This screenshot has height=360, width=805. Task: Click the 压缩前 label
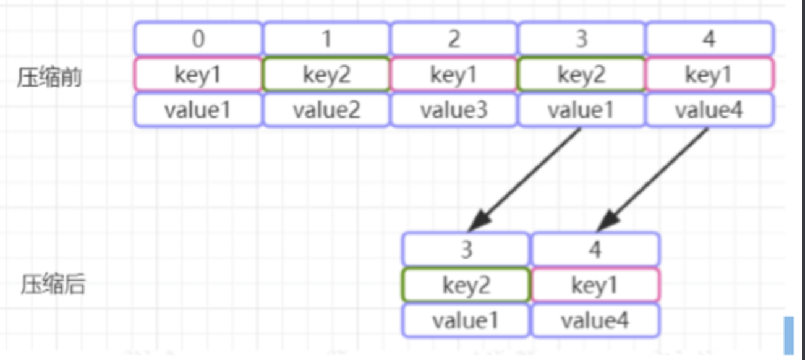49,79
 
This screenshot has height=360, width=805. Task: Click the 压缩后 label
53,286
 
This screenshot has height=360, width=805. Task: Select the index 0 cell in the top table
198,39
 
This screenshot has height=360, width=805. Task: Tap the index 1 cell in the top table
326,39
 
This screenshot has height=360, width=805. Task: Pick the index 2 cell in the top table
454,39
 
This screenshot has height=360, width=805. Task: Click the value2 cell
326,111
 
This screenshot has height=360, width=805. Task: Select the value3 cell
454,111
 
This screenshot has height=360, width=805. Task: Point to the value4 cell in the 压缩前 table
709,111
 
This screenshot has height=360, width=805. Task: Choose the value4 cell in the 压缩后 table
595,320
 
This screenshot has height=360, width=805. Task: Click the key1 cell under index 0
198,75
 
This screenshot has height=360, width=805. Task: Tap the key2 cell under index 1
326,75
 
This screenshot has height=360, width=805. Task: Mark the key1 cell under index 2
454,75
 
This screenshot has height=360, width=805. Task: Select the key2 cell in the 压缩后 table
466,285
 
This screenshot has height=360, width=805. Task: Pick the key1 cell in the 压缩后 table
595,285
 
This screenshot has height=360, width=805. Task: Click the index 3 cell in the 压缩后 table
466,250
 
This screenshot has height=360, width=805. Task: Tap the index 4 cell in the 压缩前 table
709,39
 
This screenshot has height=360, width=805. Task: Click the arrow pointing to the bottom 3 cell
526,179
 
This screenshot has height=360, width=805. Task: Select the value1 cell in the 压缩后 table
466,320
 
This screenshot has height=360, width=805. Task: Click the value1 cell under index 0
198,111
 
